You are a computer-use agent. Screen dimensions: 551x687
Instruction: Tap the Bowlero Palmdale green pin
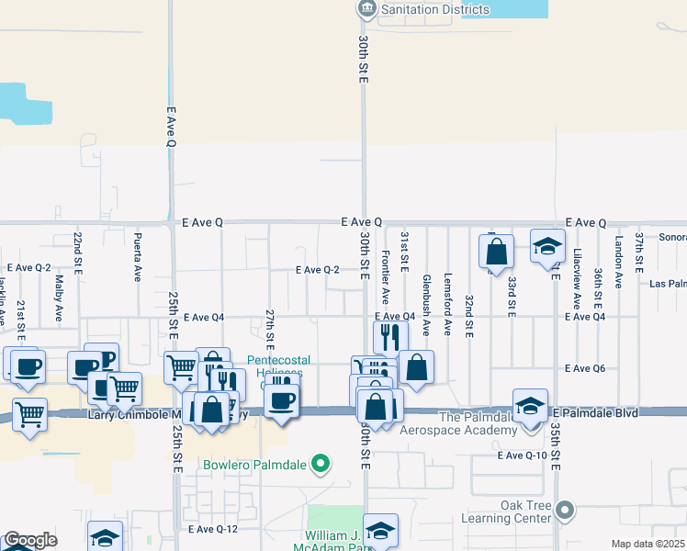point(321,464)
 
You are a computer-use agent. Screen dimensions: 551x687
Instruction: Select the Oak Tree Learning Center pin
point(565,509)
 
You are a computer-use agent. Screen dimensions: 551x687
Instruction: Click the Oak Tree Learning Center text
point(525,512)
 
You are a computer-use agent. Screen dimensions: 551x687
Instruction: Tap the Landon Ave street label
point(619,261)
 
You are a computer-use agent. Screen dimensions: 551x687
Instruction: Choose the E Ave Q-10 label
point(522,455)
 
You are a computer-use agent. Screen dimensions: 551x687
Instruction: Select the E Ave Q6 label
point(584,368)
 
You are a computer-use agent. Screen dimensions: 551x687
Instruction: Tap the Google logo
point(30,541)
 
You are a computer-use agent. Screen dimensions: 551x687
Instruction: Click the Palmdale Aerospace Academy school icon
point(529,407)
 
